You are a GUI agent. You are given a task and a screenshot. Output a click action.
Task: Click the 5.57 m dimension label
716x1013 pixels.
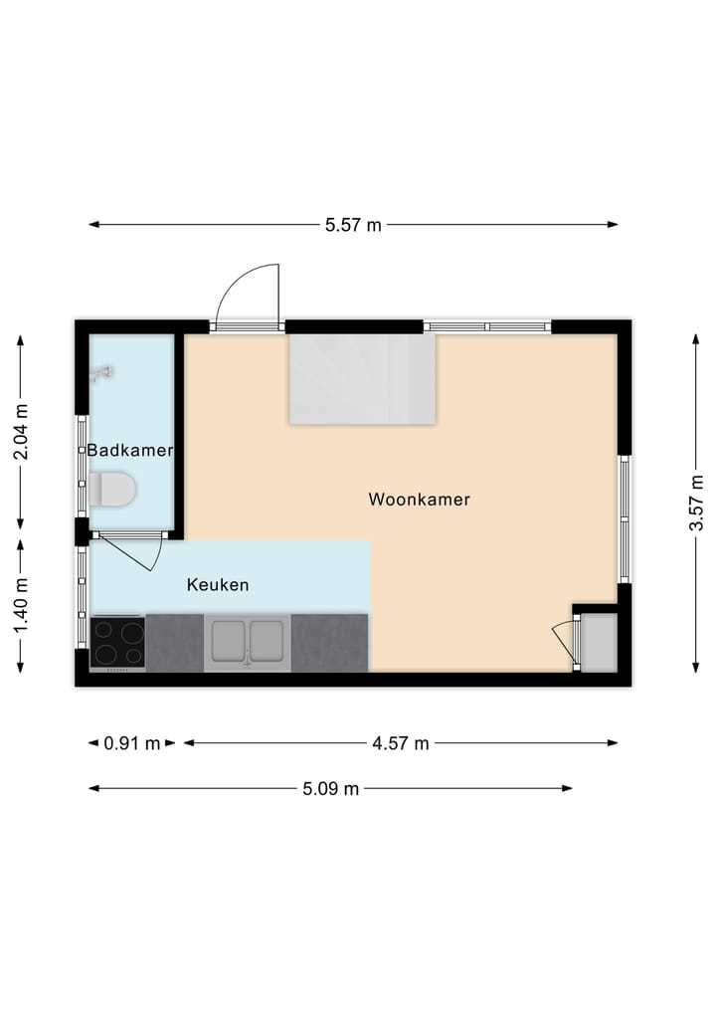click(353, 225)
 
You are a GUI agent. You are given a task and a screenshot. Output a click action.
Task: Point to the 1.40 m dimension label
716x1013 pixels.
click(21, 605)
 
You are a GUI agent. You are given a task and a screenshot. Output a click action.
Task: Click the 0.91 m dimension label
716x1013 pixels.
click(132, 742)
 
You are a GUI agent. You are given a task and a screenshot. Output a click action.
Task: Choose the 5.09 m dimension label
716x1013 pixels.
click(330, 789)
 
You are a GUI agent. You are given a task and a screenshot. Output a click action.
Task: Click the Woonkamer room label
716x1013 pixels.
click(419, 500)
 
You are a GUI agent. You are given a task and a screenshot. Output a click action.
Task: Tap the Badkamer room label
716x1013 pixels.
click(130, 451)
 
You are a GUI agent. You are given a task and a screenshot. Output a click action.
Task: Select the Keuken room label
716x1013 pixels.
click(218, 585)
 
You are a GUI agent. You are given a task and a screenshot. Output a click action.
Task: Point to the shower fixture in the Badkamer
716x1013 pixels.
click(99, 373)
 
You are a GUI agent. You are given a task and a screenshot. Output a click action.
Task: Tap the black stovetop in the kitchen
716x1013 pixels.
click(117, 643)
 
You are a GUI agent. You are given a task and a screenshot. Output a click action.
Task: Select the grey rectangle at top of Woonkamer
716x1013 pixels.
click(362, 379)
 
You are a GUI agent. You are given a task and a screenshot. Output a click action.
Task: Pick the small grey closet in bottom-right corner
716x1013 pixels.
click(599, 641)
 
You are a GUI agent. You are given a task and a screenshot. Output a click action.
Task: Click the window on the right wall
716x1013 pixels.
click(625, 518)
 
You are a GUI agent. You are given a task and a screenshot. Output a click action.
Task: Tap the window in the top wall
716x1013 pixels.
click(487, 325)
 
